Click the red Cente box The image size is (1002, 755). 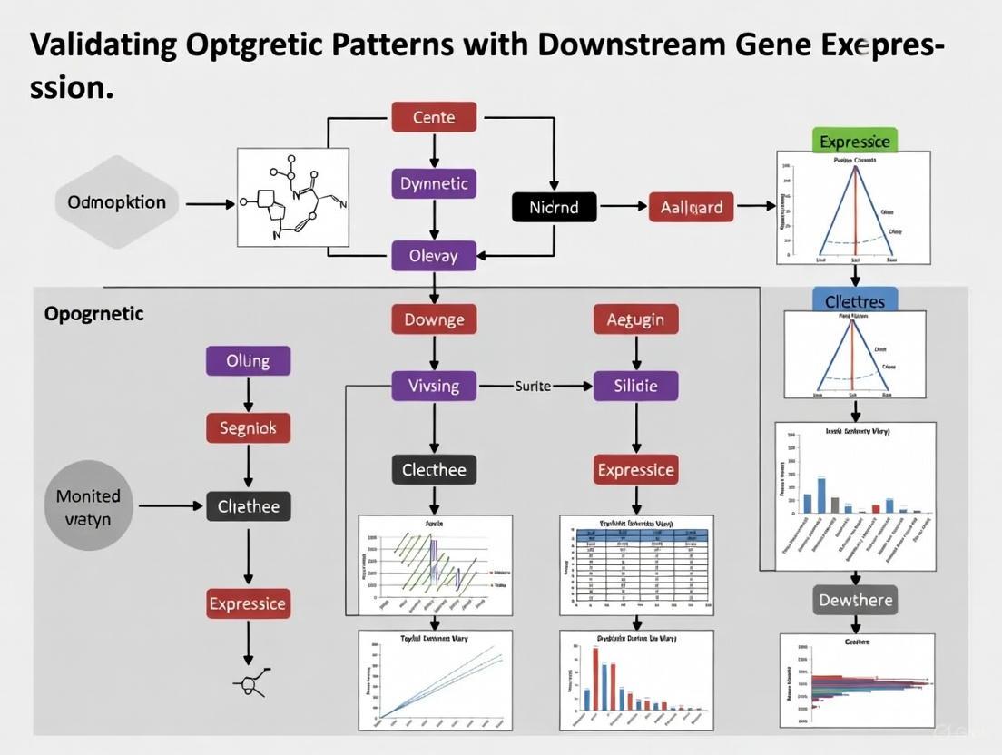coord(434,117)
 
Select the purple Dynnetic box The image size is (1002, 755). coord(434,183)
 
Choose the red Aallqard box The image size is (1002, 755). coord(692,207)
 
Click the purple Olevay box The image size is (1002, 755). coord(434,255)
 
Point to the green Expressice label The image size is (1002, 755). coord(854,141)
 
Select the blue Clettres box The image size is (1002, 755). coord(854,300)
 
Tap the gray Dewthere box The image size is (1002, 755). coord(855,600)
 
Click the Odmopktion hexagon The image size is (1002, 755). coord(117,201)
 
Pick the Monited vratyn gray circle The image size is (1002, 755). coord(89,506)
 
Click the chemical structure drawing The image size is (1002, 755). coord(293,197)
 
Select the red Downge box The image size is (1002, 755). coord(434,319)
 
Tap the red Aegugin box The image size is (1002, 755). coord(635,319)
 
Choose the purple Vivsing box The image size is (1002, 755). coord(434,386)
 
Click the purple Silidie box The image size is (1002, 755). coord(635,386)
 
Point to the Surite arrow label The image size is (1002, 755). coord(533,386)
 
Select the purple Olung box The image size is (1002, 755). coord(248,360)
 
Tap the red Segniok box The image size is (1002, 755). coord(248,427)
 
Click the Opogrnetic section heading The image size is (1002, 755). coord(93,314)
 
